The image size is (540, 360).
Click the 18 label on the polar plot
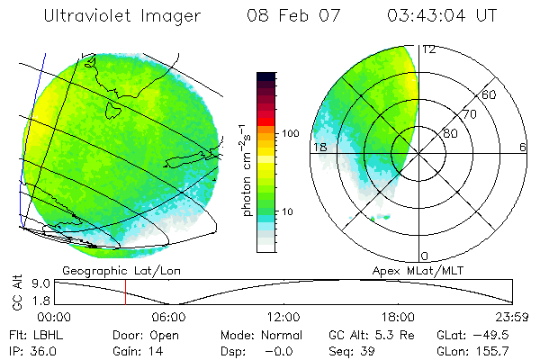319,147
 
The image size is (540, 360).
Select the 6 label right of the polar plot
523,147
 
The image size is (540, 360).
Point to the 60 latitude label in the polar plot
490,94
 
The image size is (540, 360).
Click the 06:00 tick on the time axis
169,317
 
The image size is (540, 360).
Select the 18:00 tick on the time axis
398,317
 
